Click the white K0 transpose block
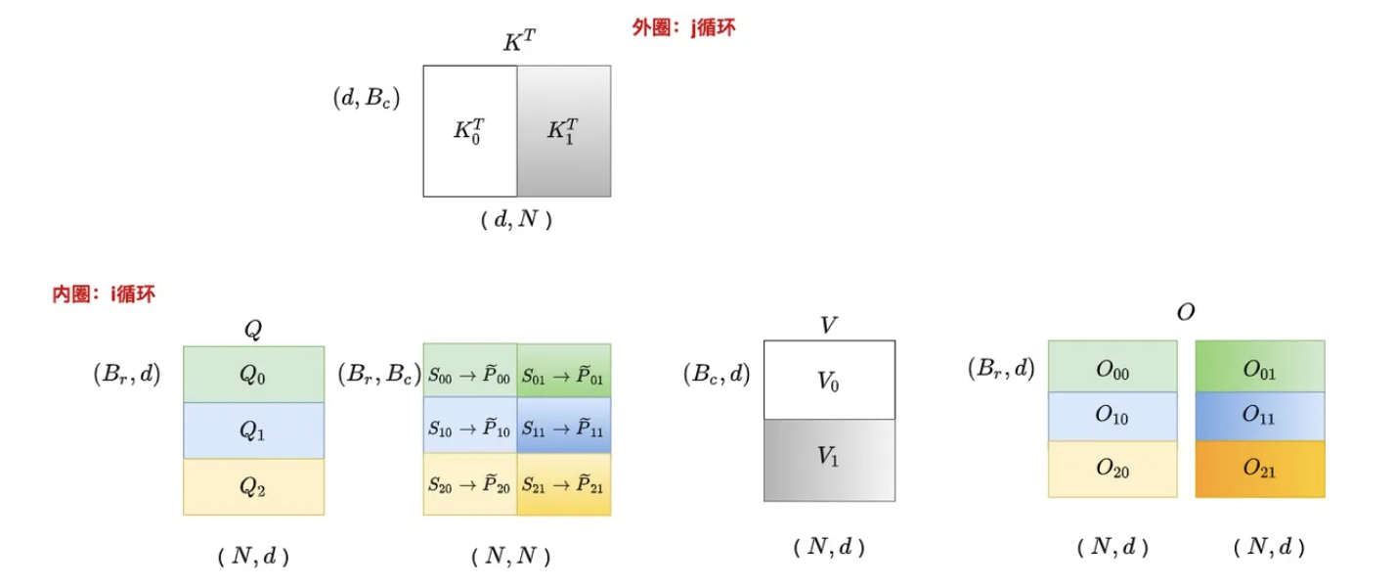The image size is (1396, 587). point(469,131)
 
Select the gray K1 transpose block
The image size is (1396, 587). point(564,131)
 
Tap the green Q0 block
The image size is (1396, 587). point(253,374)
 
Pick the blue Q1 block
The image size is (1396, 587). point(253,430)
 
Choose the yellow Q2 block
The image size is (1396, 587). point(253,487)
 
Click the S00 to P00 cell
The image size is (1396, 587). point(470,371)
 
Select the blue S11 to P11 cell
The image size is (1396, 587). point(564,426)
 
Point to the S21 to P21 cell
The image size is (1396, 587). point(564,483)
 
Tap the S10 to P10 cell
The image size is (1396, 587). point(470,426)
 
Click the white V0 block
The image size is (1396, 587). point(829,380)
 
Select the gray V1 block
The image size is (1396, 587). point(829,460)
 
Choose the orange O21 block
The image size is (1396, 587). point(1260,469)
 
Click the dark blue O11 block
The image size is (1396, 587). point(1260,416)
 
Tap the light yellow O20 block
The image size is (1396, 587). point(1112,469)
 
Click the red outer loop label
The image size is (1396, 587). point(684,28)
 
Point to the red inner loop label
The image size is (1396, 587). point(104,293)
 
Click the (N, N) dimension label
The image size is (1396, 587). point(516,558)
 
